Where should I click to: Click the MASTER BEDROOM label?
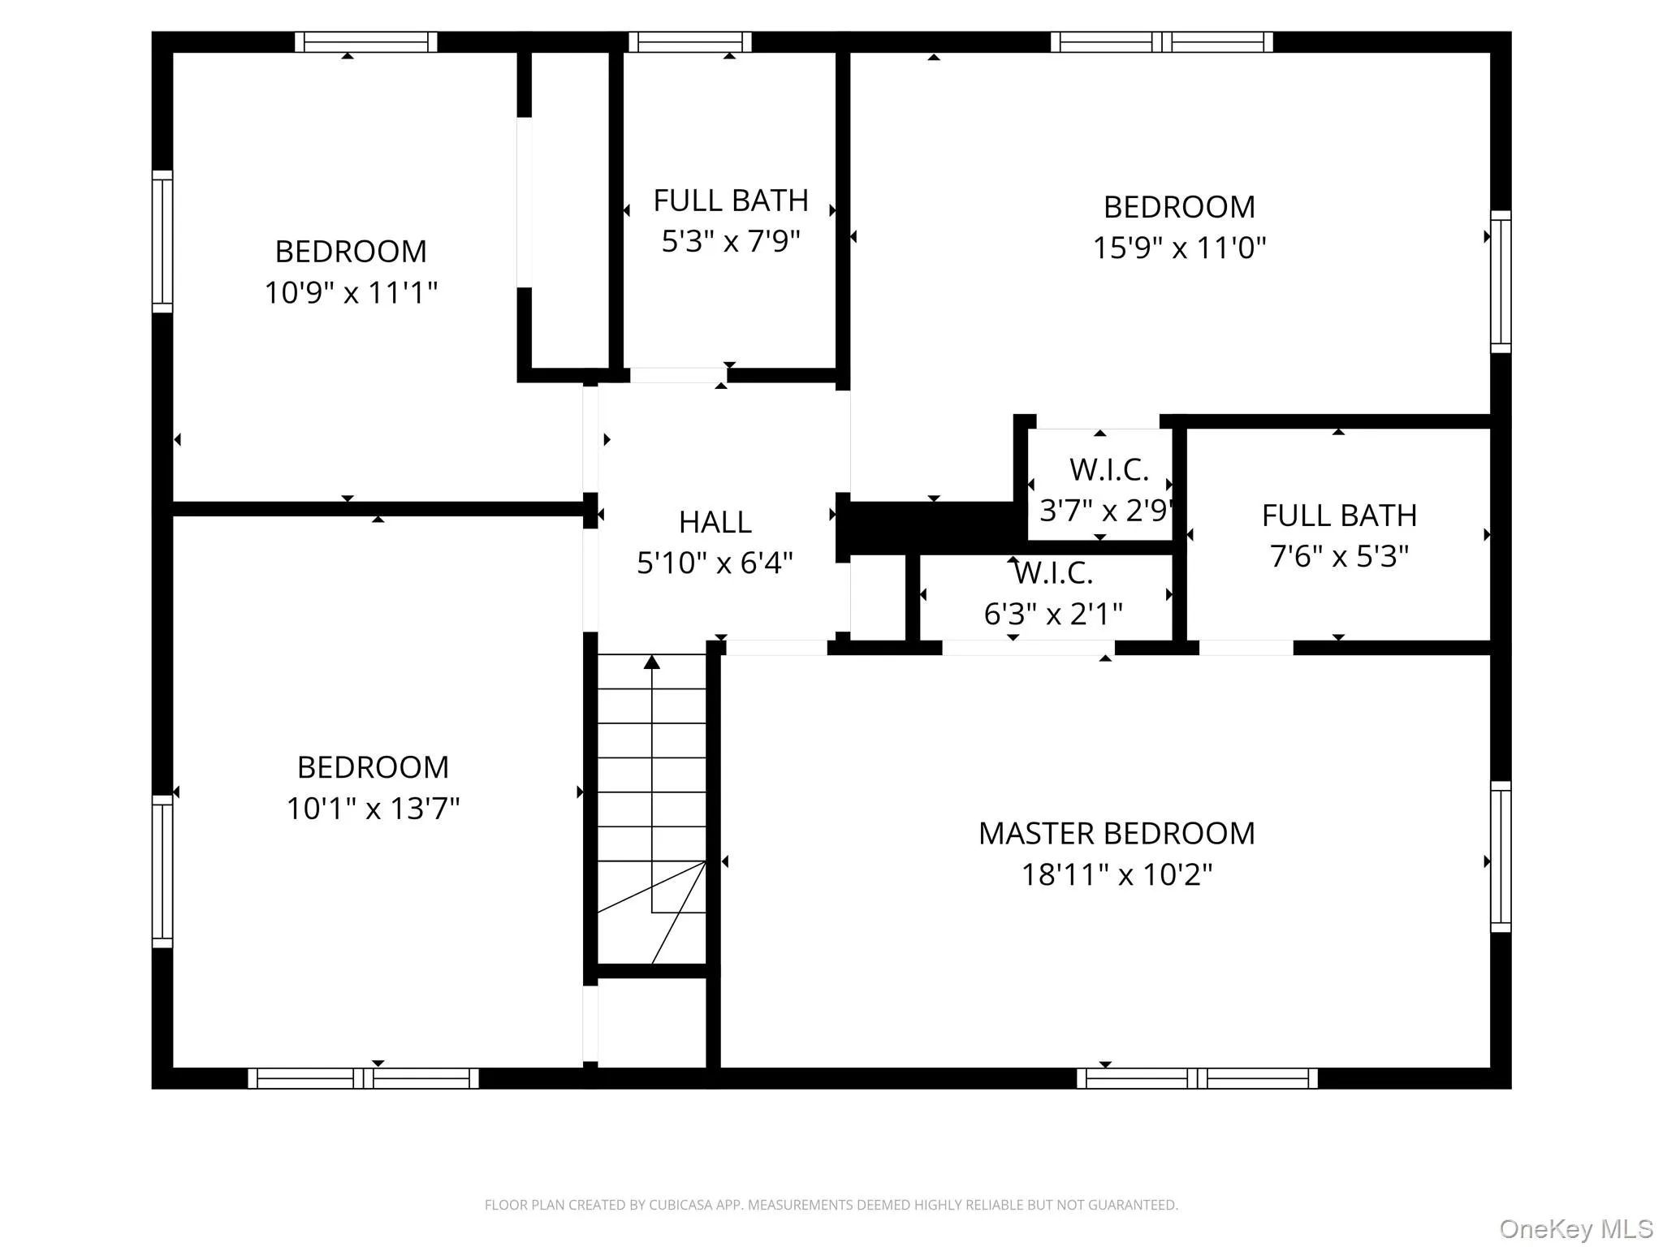click(x=1117, y=834)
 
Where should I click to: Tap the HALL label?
click(x=715, y=522)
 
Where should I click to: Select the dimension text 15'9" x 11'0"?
click(x=1179, y=248)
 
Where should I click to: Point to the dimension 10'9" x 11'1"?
click(x=351, y=292)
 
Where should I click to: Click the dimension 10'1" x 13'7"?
click(x=373, y=809)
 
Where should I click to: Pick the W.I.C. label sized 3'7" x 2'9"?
click(x=1108, y=470)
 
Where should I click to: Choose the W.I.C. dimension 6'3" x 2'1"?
click(x=1053, y=615)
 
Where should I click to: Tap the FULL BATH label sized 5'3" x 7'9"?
click(x=731, y=201)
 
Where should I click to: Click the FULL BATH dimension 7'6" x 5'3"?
click(x=1339, y=556)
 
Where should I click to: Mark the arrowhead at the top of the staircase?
click(x=652, y=662)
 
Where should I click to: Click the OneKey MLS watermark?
click(x=1575, y=1228)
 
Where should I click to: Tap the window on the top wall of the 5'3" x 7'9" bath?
click(x=689, y=42)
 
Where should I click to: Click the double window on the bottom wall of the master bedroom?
click(x=1197, y=1078)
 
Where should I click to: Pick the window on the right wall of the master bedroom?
click(x=1501, y=857)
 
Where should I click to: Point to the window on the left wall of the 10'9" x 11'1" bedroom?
click(x=162, y=241)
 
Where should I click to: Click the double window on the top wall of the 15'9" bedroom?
click(x=1161, y=42)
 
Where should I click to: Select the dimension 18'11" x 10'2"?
click(x=1117, y=875)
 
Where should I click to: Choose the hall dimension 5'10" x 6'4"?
click(x=715, y=563)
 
